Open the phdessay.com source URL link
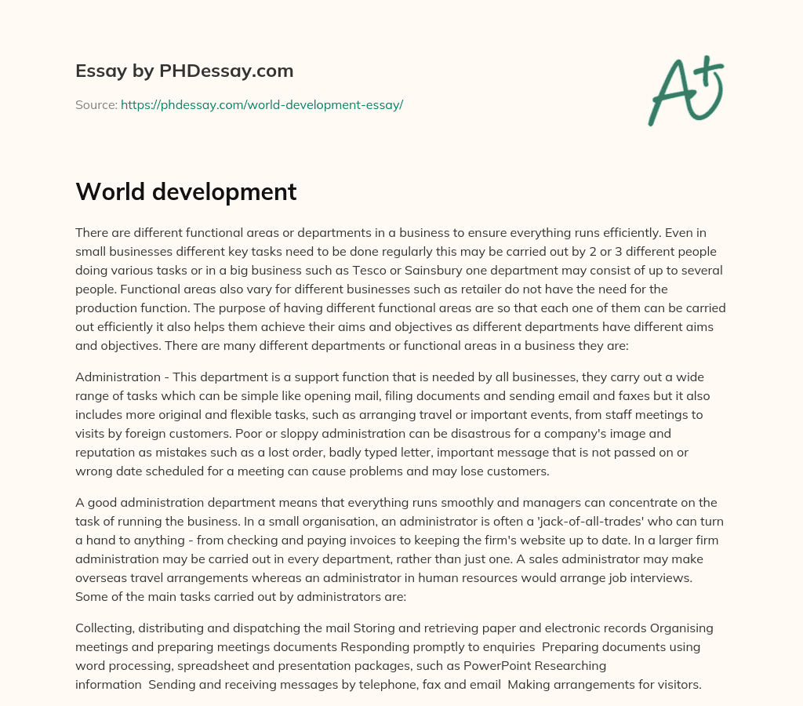[x=262, y=104]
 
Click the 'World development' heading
[x=186, y=191]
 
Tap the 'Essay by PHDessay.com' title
[x=184, y=71]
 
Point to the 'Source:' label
[x=96, y=104]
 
